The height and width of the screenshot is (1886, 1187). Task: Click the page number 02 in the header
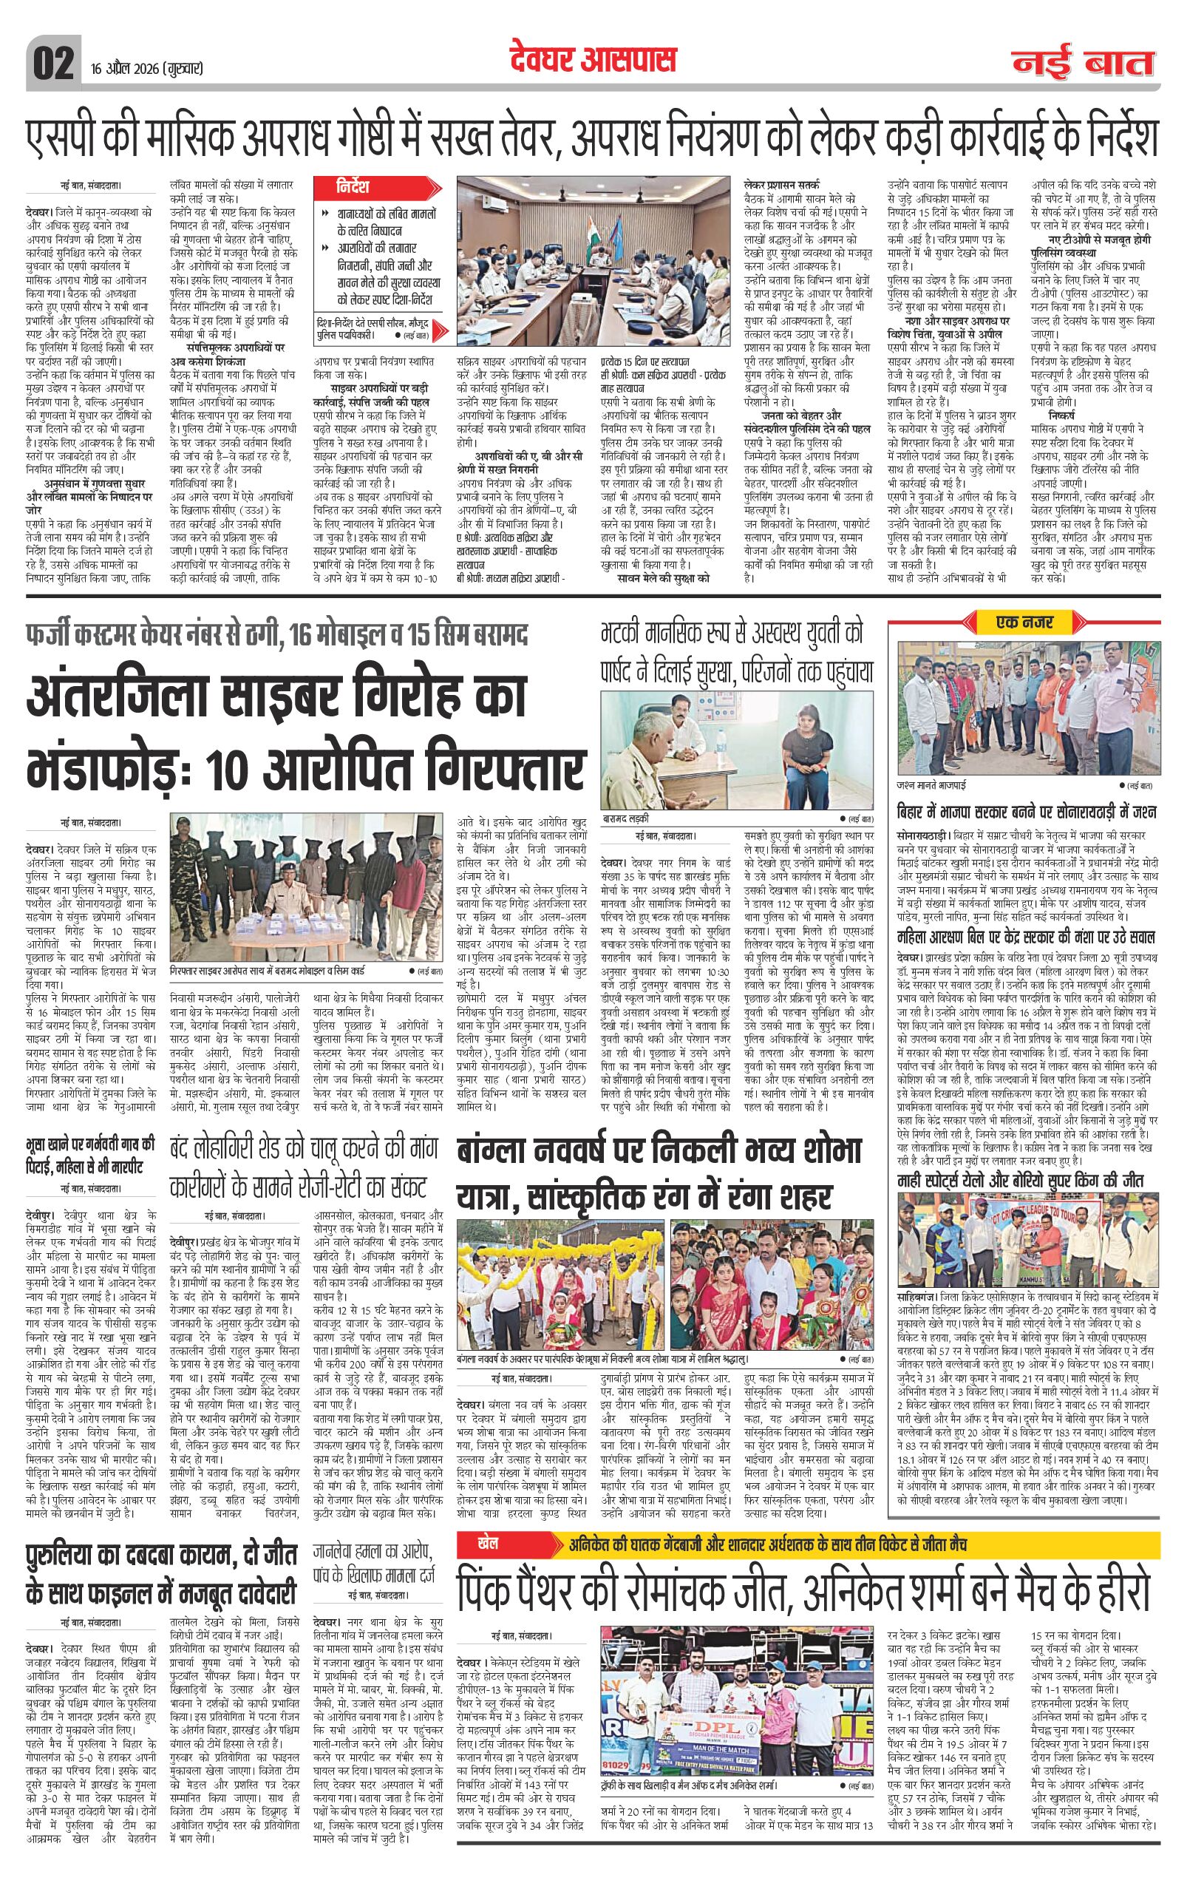point(53,63)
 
